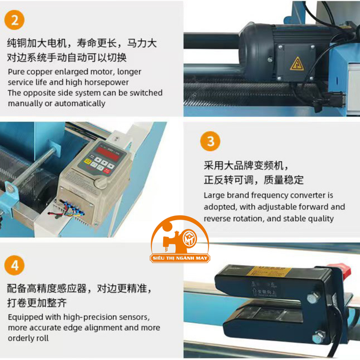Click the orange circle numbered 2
15,20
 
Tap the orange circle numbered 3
209,142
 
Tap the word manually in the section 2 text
25,103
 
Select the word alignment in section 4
104,328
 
